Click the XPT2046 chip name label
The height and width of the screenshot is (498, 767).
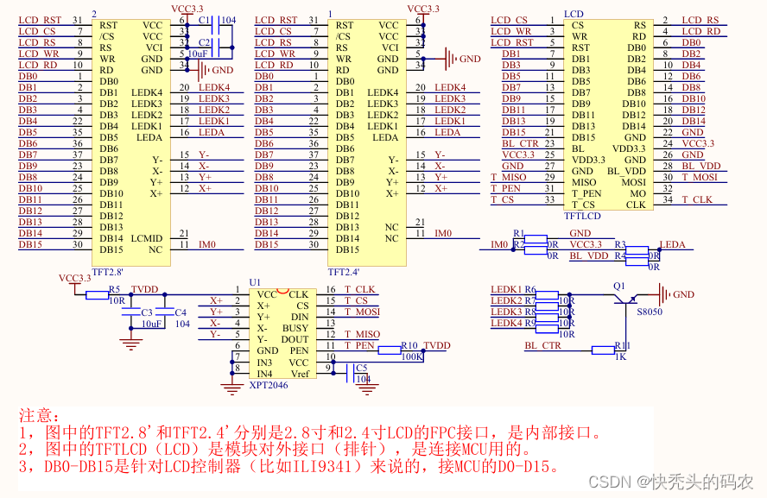[268, 385]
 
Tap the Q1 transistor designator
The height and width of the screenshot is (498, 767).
[618, 285]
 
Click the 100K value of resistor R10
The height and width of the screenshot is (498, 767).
[411, 356]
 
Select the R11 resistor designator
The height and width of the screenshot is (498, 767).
[622, 345]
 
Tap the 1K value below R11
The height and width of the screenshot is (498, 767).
[620, 356]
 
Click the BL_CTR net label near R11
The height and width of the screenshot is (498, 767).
[542, 345]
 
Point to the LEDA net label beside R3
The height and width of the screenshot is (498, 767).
[672, 244]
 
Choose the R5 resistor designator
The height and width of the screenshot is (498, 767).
[114, 290]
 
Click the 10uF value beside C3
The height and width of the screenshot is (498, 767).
[152, 324]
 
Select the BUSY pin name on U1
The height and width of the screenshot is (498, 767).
[295, 328]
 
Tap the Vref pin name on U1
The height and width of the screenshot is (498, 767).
[299, 374]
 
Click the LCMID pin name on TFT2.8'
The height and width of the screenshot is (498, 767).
[147, 238]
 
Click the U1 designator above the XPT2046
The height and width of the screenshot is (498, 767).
[254, 282]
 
